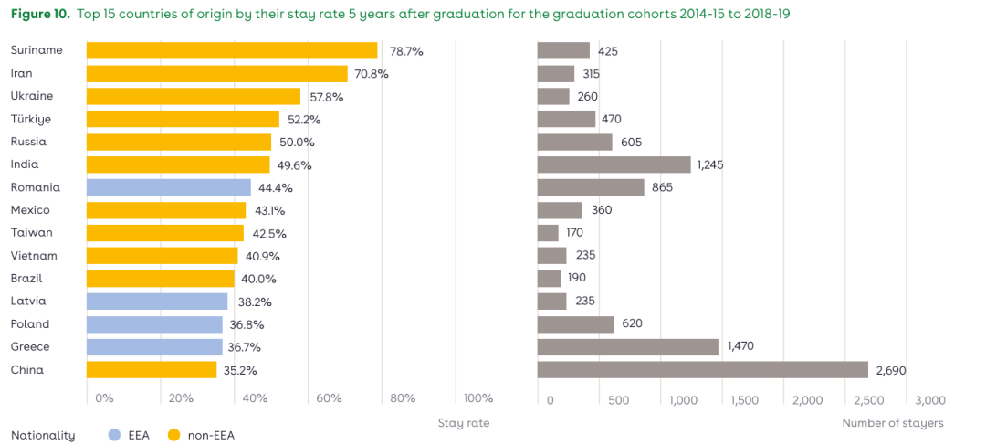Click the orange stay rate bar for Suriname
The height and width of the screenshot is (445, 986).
(x=232, y=51)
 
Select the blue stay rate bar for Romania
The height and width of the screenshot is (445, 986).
(x=169, y=187)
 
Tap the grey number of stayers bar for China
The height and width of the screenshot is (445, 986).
(x=702, y=370)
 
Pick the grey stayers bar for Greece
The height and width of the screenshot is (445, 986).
(x=628, y=347)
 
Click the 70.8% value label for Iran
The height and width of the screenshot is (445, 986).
(x=372, y=74)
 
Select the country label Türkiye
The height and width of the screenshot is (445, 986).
(x=31, y=119)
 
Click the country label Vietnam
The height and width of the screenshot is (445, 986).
(x=34, y=256)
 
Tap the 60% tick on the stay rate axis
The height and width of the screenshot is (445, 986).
(x=329, y=398)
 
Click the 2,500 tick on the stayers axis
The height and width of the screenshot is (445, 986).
(x=868, y=400)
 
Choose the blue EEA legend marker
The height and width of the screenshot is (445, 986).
(x=114, y=436)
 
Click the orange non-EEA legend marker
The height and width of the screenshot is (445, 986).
(x=173, y=436)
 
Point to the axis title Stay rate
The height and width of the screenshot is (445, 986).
(x=463, y=423)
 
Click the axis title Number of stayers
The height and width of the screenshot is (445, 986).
(x=892, y=423)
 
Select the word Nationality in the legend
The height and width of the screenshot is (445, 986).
(x=42, y=436)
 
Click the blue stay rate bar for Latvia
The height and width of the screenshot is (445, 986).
(x=157, y=302)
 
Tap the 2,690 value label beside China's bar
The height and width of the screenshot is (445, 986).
(x=890, y=370)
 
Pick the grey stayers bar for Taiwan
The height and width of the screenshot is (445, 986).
(x=548, y=233)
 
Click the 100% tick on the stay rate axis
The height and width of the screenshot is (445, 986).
(x=477, y=398)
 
